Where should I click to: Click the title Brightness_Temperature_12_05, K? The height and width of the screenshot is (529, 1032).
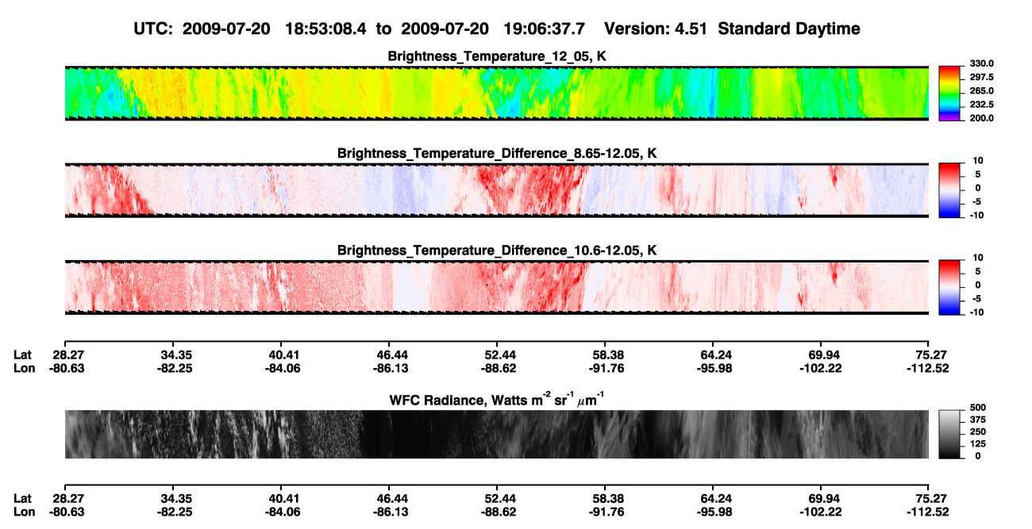[x=497, y=56]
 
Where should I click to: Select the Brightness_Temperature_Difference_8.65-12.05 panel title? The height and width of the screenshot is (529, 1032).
[x=497, y=153]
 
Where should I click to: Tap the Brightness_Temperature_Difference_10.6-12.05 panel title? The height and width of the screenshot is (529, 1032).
[x=497, y=251]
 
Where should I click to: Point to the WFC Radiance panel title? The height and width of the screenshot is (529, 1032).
[x=497, y=399]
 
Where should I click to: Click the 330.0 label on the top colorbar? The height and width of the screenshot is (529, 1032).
[x=981, y=63]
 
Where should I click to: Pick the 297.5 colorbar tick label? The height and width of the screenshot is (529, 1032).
[x=981, y=77]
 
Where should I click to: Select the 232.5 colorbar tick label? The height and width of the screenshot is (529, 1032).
[x=981, y=105]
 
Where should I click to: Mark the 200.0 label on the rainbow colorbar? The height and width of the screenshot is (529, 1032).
[x=981, y=118]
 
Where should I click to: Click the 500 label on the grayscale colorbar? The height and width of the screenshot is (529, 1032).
[x=978, y=408]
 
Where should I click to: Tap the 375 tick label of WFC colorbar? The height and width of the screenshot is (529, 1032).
[x=978, y=420]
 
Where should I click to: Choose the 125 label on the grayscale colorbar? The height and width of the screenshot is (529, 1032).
[x=978, y=444]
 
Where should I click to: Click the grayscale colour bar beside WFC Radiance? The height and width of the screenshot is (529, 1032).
[x=949, y=434]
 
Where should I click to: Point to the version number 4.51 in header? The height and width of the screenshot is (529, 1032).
[x=691, y=29]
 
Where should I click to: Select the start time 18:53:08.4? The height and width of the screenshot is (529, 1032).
[x=325, y=29]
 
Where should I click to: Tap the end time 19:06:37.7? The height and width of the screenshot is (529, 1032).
[x=544, y=29]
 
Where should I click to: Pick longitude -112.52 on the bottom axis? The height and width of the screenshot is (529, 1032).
[x=927, y=512]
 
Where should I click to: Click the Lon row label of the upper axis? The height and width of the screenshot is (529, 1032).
[x=24, y=368]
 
